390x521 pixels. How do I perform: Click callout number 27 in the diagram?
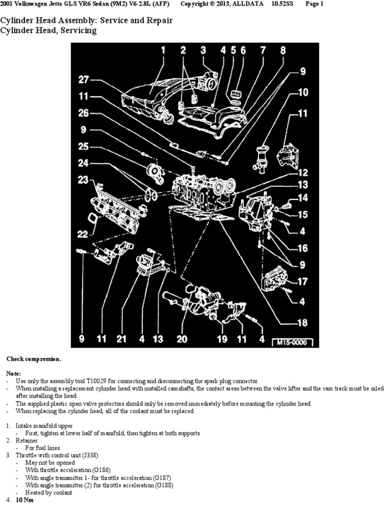click(84, 79)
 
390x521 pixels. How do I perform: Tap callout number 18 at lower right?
click(302, 322)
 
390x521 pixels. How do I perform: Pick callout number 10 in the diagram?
click(303, 93)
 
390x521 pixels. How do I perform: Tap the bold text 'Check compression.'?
click(34, 359)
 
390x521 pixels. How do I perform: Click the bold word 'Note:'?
click(14, 373)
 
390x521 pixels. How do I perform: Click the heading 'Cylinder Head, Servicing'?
click(48, 31)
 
